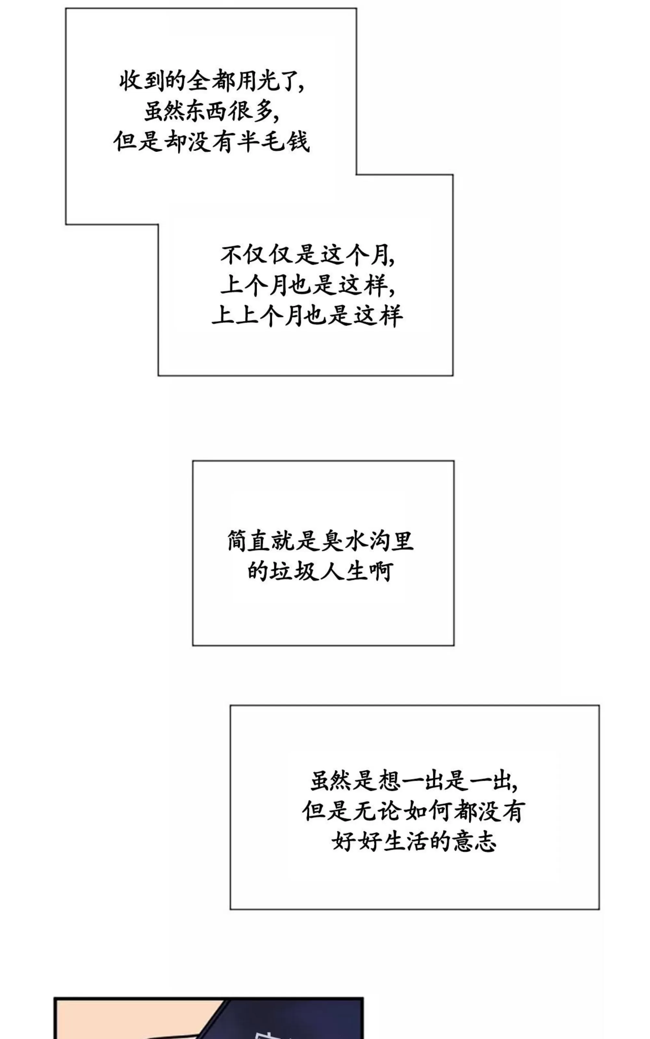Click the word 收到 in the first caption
tap(142, 81)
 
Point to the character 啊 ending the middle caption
tap(381, 572)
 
